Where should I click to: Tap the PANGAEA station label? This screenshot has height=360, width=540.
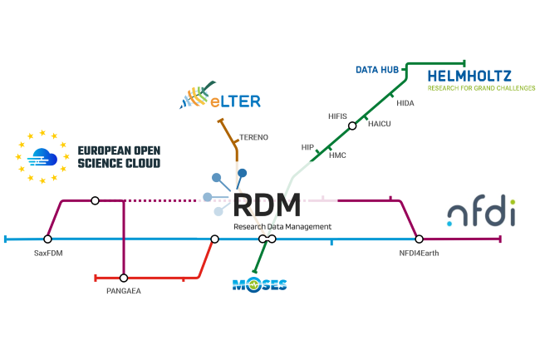[x=124, y=292]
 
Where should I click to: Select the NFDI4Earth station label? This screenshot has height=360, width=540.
[x=419, y=252]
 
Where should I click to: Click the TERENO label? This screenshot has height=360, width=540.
[x=253, y=136]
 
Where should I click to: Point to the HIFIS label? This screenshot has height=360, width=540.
[x=338, y=116]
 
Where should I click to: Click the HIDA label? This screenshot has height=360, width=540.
[x=405, y=103]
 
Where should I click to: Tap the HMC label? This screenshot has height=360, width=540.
[x=337, y=155]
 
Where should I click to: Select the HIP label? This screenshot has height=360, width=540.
[x=307, y=146]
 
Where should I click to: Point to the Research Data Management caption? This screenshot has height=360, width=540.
[x=282, y=226]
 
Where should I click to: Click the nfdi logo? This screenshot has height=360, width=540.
[x=480, y=213]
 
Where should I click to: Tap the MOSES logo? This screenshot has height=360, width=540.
[x=259, y=285]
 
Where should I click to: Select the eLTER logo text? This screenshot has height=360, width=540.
[x=234, y=101]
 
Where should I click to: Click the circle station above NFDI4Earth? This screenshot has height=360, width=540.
[x=419, y=239]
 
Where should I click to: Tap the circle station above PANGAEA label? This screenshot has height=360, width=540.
[x=124, y=278]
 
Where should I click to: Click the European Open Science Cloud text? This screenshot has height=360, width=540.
[x=118, y=156]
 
